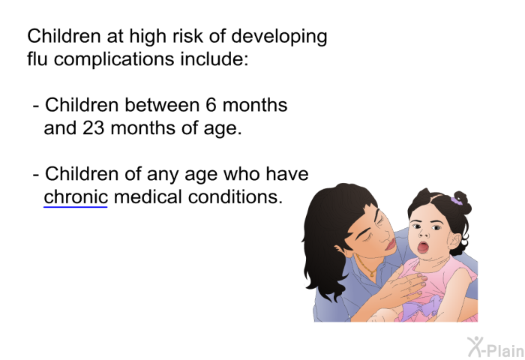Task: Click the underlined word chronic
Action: [x=76, y=197]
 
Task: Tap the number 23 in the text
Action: [x=94, y=128]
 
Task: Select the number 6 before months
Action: [x=211, y=105]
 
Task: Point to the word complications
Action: [x=114, y=60]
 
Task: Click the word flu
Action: [x=37, y=58]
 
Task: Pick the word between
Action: [x=162, y=105]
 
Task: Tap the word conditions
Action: [x=235, y=197]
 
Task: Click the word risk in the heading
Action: [x=187, y=36]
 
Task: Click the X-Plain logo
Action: [x=496, y=347]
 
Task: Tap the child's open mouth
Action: [x=423, y=247]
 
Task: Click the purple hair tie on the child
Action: [x=456, y=200]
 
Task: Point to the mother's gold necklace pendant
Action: [x=372, y=274]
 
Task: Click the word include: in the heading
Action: [x=214, y=58]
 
